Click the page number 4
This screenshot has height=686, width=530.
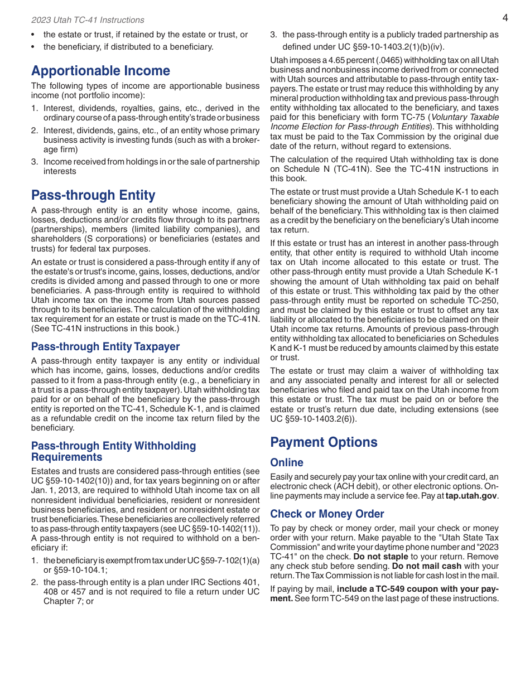[505, 18]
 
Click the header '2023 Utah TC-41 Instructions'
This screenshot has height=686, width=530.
[88, 20]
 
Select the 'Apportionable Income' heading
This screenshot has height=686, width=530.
[100, 71]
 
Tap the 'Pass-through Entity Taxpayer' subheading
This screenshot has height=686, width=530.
[105, 346]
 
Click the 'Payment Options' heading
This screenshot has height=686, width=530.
[324, 442]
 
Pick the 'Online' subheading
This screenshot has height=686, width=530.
[287, 462]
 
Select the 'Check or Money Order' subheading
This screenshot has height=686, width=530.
[327, 514]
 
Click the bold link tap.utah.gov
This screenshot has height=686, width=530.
[471, 496]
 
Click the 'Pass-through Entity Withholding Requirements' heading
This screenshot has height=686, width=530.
[113, 451]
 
